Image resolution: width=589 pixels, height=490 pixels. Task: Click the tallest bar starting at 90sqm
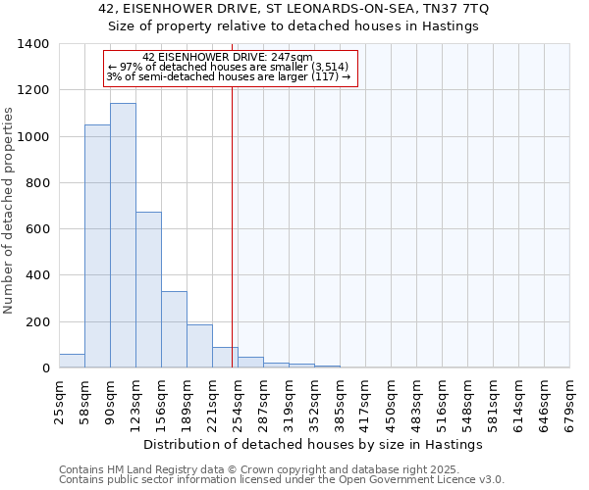coord(123,235)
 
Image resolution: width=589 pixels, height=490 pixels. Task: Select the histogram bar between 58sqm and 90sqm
coord(97,246)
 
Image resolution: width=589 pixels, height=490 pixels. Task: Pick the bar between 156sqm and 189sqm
coord(174,329)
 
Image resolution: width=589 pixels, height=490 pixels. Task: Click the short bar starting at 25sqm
coord(72,361)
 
